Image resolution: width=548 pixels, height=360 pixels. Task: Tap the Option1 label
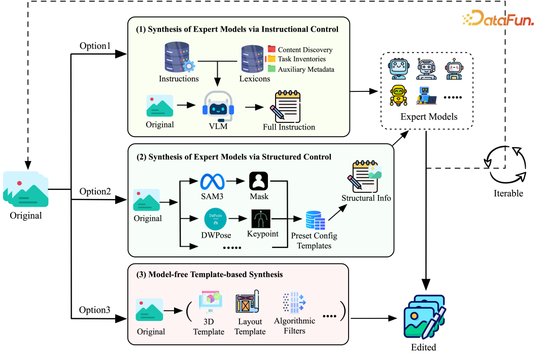(x=95, y=46)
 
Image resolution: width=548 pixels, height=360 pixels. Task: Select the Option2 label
(x=95, y=191)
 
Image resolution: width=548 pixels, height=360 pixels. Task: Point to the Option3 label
(x=95, y=310)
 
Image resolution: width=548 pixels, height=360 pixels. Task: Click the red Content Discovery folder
(x=271, y=49)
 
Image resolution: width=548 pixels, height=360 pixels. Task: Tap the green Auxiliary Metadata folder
(x=271, y=69)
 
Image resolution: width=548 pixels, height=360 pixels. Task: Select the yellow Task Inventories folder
(x=271, y=59)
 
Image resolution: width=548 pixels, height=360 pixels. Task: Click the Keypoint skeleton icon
(x=261, y=219)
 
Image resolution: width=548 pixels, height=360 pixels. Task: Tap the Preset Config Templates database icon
(x=315, y=221)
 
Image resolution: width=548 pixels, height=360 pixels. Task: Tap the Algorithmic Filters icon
(x=293, y=304)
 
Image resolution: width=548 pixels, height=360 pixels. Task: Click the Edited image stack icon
(x=425, y=316)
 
